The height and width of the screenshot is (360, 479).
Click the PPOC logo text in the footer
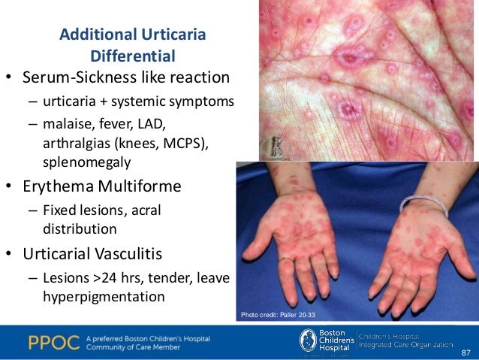tap(53, 342)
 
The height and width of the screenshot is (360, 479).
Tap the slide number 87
tap(466, 351)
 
